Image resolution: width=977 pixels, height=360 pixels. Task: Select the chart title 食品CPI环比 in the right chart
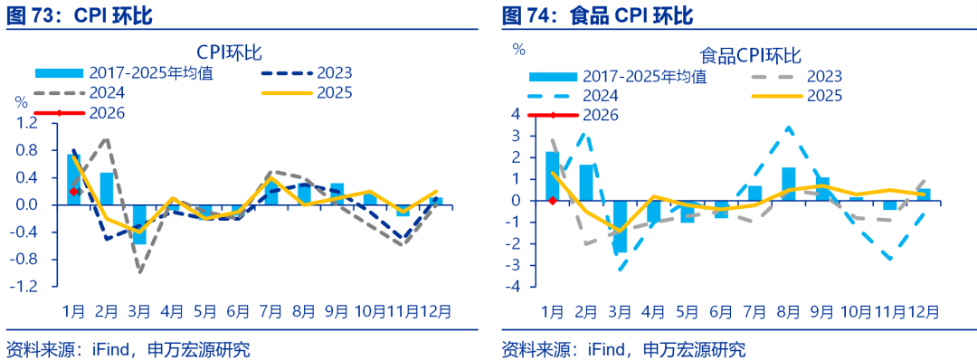(750, 56)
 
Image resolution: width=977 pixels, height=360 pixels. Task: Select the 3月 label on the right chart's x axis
(620, 310)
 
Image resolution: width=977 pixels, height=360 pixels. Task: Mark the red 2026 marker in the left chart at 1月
(73, 191)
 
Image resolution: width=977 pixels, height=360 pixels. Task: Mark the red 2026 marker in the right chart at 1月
(552, 201)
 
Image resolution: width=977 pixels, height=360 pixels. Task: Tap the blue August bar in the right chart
(788, 184)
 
